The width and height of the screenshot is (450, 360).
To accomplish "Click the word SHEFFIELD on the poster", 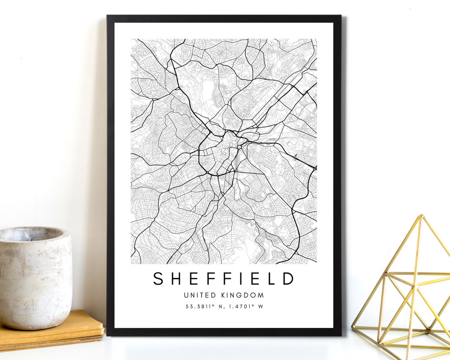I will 224,279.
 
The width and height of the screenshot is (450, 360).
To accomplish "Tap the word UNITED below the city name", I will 200,295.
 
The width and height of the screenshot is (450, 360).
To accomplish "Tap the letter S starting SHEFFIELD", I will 158,279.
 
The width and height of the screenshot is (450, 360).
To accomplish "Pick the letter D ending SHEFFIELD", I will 289,279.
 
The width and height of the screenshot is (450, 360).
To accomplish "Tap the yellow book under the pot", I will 62,331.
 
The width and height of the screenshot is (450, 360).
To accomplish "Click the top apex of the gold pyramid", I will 421,216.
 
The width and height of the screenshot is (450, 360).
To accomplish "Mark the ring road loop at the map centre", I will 221,154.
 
